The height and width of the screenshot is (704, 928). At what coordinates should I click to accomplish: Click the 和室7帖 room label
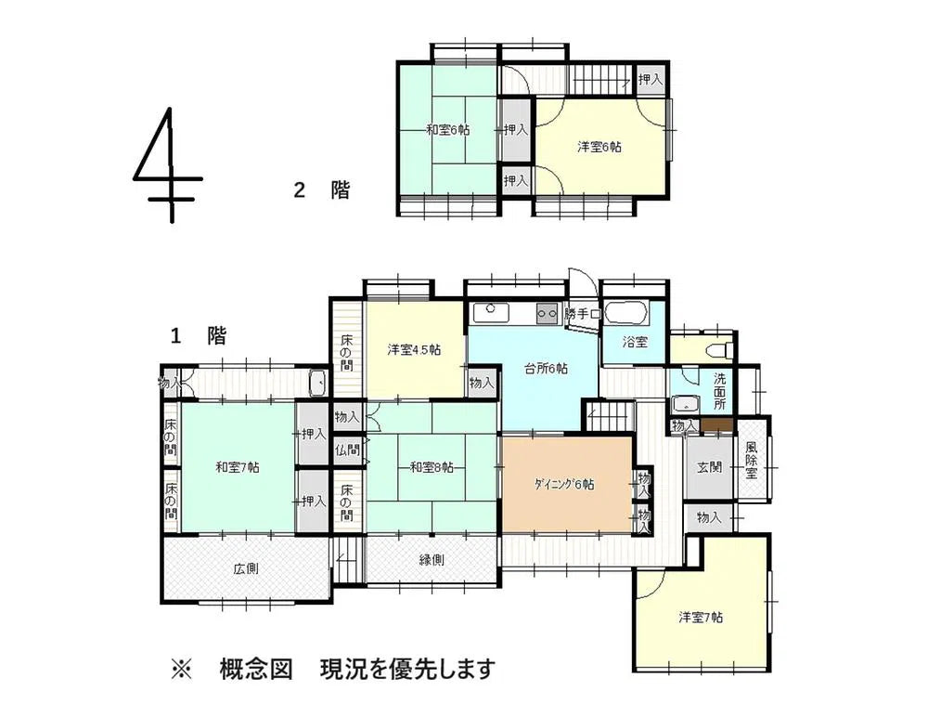click(x=238, y=467)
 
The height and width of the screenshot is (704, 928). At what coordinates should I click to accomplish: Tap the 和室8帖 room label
click(x=432, y=467)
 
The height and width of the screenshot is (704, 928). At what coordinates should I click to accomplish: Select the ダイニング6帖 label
click(x=564, y=484)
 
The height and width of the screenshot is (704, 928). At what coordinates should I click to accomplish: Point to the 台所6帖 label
click(x=547, y=368)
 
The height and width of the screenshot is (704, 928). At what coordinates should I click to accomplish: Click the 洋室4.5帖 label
click(x=414, y=350)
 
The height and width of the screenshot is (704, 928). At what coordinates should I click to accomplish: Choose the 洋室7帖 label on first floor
click(x=701, y=617)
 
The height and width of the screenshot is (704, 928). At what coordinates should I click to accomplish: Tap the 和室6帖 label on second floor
click(x=447, y=130)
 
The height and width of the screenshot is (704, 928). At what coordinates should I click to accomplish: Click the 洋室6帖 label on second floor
click(x=599, y=147)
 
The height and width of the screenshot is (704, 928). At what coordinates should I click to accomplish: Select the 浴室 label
click(x=635, y=342)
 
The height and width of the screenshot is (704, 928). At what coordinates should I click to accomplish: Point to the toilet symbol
click(x=719, y=350)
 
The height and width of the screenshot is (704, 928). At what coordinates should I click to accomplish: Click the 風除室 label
click(x=752, y=459)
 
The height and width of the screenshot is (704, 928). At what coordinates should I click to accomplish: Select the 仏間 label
click(x=348, y=450)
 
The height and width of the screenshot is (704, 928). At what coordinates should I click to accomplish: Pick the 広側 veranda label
click(x=246, y=567)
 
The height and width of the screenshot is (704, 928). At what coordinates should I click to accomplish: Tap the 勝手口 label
click(x=582, y=315)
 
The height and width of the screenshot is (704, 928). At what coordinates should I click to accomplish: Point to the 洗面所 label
click(x=720, y=392)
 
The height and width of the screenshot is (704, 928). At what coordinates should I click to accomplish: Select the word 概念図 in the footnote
click(x=256, y=669)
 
